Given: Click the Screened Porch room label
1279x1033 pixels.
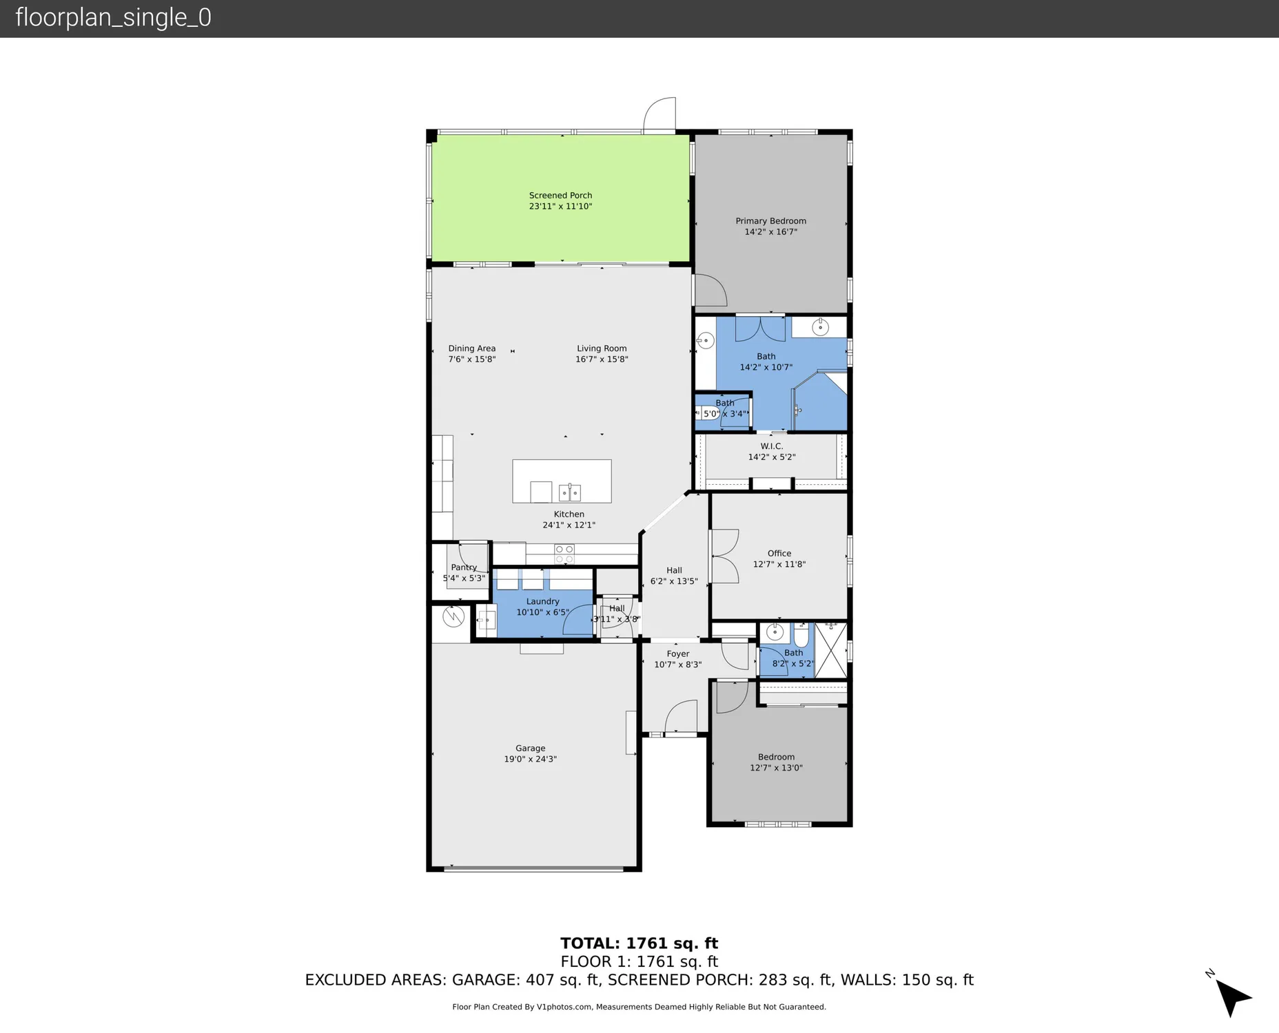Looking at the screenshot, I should coord(560,196).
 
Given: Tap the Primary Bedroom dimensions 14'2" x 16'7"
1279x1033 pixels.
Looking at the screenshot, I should coord(770,232).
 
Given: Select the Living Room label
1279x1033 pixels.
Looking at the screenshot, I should coord(602,348).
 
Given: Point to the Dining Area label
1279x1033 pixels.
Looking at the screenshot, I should coord(471,348).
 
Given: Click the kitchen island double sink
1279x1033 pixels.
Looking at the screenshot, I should coord(569,492).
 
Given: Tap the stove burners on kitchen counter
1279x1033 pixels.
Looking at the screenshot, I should coord(564,554).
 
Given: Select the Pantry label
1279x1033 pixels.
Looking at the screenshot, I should coord(464,567).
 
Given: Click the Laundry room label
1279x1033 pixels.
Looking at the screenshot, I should coord(542,601).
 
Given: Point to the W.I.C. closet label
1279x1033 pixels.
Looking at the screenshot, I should coord(771,446).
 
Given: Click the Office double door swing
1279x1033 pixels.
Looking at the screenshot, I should coord(724,556).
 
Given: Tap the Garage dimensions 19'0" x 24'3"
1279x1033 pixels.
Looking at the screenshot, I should coord(530,759).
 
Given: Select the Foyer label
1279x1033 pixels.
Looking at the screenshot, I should coord(677,654).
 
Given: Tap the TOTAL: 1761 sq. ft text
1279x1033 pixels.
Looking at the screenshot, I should coord(639,943).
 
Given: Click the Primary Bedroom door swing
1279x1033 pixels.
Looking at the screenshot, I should coord(709,291).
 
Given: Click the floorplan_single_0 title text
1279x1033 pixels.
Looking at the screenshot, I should coord(113,18).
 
